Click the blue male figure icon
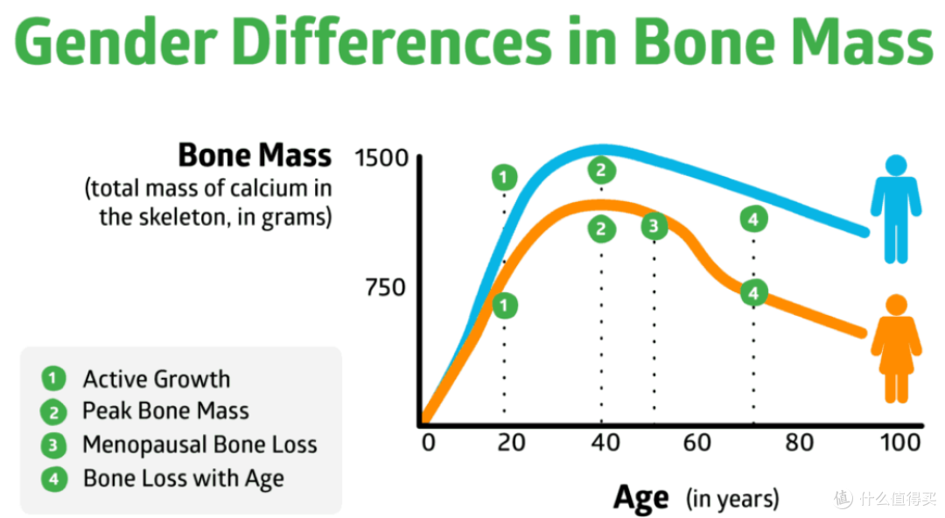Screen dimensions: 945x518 click(x=896, y=208)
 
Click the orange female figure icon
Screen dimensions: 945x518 click(x=896, y=348)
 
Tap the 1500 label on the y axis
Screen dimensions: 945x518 click(x=381, y=158)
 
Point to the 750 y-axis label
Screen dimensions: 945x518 click(x=386, y=287)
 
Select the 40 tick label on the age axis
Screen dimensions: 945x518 click(x=605, y=443)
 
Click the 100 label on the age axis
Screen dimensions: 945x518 click(x=900, y=443)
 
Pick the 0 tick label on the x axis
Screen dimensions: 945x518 click(x=429, y=443)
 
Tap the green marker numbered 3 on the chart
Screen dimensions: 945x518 click(x=654, y=226)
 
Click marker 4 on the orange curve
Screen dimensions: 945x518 click(x=753, y=294)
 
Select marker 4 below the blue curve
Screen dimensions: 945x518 click(x=753, y=220)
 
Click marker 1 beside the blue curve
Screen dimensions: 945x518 click(x=505, y=178)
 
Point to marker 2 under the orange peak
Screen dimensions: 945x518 click(x=601, y=229)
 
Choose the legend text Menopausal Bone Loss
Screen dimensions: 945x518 click(x=199, y=444)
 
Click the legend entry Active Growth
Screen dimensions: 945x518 click(x=157, y=379)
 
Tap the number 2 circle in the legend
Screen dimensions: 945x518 click(x=53, y=412)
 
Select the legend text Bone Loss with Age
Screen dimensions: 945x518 click(x=183, y=479)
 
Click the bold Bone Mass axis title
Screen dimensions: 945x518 click(x=255, y=155)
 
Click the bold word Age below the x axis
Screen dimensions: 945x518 click(x=640, y=499)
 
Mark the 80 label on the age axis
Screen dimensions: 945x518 click(x=799, y=443)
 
